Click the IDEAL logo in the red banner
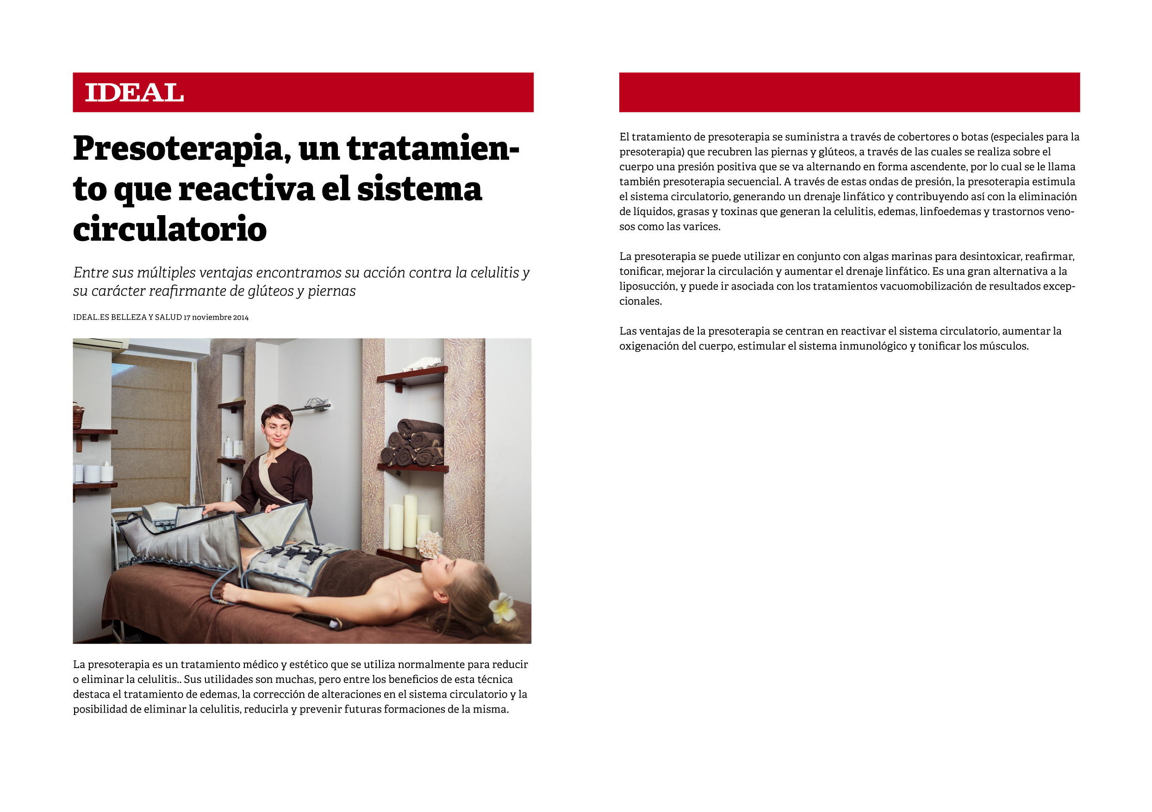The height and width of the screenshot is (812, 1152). [135, 93]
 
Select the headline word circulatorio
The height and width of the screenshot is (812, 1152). [169, 229]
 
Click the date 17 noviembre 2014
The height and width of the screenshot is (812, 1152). [216, 317]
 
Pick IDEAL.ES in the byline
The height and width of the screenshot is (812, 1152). [91, 317]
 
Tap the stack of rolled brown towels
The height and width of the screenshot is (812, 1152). [412, 442]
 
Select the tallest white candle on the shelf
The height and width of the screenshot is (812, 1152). [411, 521]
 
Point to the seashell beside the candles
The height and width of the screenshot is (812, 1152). [430, 545]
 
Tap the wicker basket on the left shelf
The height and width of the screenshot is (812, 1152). [78, 416]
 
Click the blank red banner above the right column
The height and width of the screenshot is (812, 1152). [849, 92]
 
